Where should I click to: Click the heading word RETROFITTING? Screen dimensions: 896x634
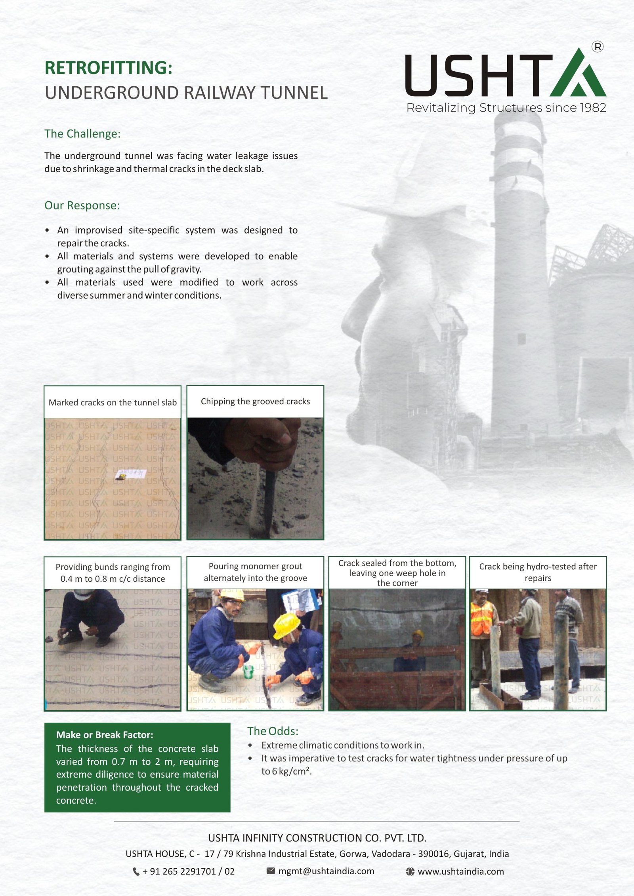click(108, 68)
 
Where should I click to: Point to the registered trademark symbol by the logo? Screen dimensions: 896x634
click(597, 47)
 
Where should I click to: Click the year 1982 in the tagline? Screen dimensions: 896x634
click(593, 108)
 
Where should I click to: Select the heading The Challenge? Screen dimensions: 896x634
click(82, 134)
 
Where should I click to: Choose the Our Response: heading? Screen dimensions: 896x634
click(82, 205)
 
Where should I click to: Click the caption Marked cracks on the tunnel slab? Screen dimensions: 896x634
click(113, 402)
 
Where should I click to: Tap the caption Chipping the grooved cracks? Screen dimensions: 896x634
click(255, 401)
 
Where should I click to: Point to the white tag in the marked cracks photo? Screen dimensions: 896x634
click(131, 474)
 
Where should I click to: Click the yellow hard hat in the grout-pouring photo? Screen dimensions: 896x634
click(286, 624)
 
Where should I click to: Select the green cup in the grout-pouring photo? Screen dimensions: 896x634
click(248, 672)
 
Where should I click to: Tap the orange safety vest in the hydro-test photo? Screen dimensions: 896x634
click(481, 618)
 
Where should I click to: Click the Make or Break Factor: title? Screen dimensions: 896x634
click(105, 735)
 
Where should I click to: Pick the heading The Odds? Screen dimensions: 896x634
click(273, 731)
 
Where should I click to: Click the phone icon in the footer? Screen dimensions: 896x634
click(136, 871)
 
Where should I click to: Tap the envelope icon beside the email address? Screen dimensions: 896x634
click(271, 871)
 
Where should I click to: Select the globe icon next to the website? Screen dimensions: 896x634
click(410, 871)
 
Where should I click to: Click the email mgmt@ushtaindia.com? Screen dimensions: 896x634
click(326, 871)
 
